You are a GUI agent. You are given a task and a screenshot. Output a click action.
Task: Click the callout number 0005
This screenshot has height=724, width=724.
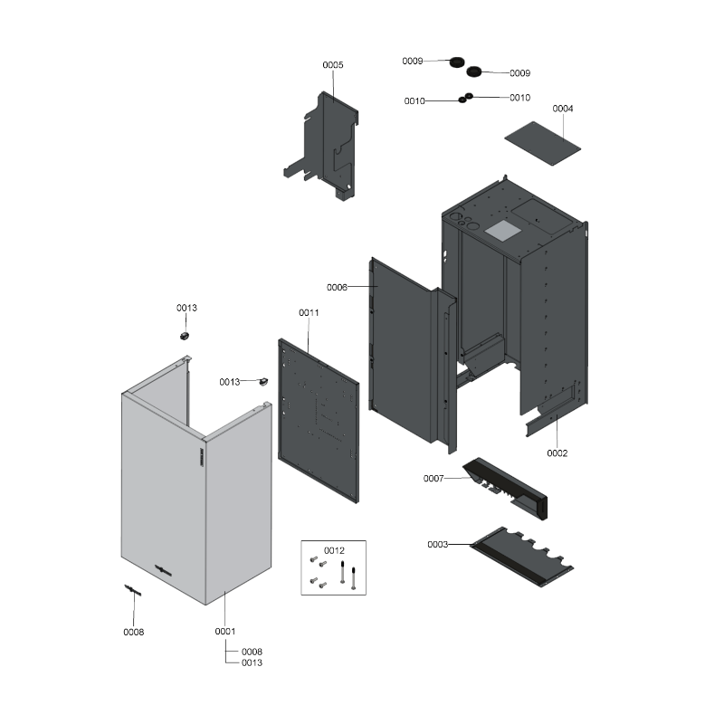(x=332, y=65)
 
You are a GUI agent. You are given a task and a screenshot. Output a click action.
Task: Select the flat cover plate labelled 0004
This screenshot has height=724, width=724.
(x=542, y=143)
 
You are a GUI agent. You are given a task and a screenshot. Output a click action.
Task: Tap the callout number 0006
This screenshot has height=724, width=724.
(x=337, y=287)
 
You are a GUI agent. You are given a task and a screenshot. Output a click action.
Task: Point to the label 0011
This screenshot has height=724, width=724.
(x=309, y=312)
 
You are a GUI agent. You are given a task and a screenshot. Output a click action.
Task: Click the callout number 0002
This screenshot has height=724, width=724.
(x=557, y=453)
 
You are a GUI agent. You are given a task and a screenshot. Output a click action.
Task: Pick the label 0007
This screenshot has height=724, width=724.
(x=433, y=479)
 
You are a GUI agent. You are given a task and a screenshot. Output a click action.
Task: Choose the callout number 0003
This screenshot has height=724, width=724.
(x=438, y=545)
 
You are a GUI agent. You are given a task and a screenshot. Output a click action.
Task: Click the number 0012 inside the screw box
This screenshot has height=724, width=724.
(x=334, y=550)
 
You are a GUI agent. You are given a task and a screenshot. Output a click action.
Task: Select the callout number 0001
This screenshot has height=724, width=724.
(x=225, y=631)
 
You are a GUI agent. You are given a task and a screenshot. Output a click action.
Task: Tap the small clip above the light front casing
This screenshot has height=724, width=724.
(x=185, y=336)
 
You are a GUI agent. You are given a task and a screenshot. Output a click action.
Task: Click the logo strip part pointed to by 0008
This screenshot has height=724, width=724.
(x=132, y=590)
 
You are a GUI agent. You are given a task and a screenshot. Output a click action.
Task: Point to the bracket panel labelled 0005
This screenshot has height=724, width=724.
(x=323, y=146)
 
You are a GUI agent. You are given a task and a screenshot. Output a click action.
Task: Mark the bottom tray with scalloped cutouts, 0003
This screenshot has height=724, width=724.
(x=522, y=557)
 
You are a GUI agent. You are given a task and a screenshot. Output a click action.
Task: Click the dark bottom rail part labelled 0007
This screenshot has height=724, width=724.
(x=505, y=489)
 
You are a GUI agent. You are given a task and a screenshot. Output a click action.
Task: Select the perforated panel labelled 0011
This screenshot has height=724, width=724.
(x=319, y=421)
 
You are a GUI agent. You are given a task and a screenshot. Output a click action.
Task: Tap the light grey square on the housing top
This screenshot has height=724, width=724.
(x=502, y=230)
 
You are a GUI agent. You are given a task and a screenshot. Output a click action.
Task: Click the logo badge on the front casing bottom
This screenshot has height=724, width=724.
(x=163, y=571)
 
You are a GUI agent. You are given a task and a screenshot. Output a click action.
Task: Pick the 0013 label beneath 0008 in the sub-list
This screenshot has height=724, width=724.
(x=252, y=662)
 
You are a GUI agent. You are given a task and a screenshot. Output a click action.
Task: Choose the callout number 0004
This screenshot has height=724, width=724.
(x=563, y=109)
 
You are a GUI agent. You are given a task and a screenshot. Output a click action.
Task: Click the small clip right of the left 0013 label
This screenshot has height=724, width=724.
(x=263, y=381)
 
